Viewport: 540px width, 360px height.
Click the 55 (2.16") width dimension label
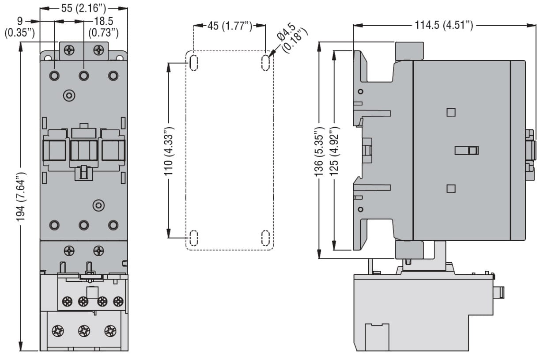pyautogui.click(x=83, y=8)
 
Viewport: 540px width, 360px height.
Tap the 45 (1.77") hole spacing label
pyautogui.click(x=230, y=26)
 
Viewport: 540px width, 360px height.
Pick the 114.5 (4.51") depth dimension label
pyautogui.click(x=444, y=25)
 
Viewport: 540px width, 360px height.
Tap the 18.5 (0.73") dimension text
pyautogui.click(x=103, y=27)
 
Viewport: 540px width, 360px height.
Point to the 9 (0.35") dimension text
pyautogui.click(x=19, y=27)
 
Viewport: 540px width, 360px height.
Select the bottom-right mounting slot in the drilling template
pyautogui.click(x=265, y=238)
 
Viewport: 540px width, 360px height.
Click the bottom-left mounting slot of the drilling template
pyautogui.click(x=193, y=238)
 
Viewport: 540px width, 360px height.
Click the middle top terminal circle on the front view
pyautogui.click(x=84, y=76)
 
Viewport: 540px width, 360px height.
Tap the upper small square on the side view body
pyautogui.click(x=451, y=112)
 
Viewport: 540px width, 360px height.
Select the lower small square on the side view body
pyautogui.click(x=451, y=189)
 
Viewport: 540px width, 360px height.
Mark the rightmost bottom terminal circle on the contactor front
pyautogui.click(x=113, y=225)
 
